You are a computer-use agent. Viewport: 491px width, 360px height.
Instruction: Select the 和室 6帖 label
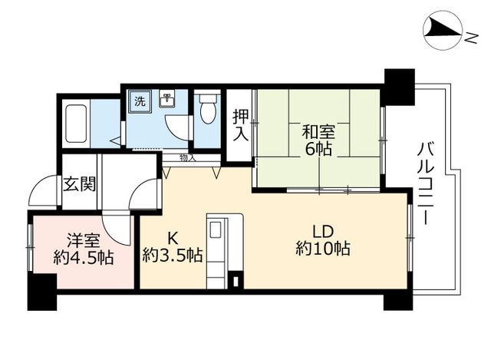[x=318, y=139]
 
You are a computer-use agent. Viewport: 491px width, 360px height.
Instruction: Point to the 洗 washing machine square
[x=140, y=102]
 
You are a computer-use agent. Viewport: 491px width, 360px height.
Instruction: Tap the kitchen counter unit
[x=223, y=250]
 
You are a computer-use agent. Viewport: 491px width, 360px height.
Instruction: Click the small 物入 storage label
[x=187, y=157]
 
